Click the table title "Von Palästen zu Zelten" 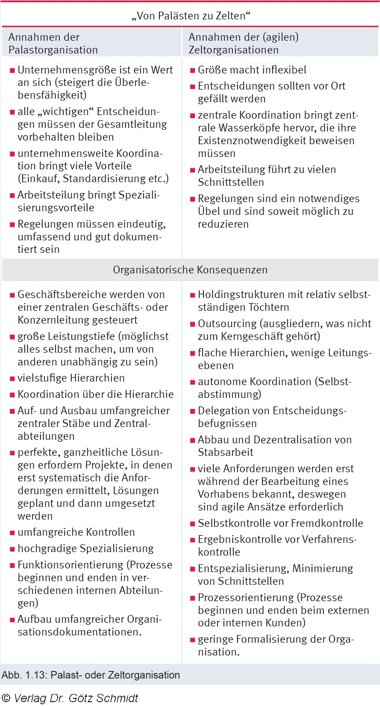click(x=190, y=16)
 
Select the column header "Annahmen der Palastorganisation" click(x=53, y=43)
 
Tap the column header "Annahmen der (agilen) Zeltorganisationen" click(x=243, y=43)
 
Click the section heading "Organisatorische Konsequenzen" click(x=190, y=270)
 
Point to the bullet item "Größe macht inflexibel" click(x=252, y=70)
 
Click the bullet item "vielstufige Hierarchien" click(x=71, y=378)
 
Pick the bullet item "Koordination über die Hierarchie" click(x=95, y=394)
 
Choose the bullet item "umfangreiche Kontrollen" click(x=76, y=532)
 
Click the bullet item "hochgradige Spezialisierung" click(x=85, y=548)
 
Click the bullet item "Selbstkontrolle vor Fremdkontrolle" click(x=280, y=523)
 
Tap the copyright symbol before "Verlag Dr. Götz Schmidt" click(x=6, y=698)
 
